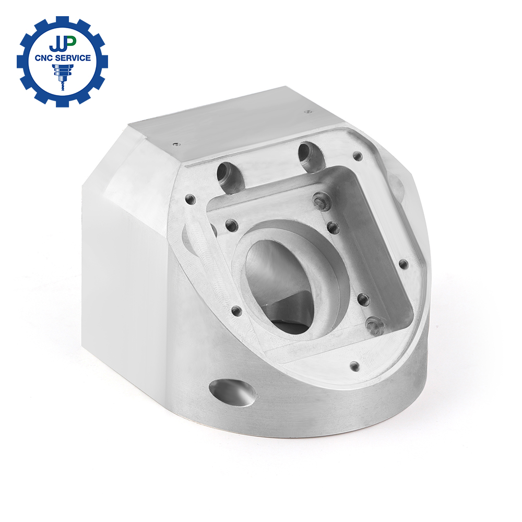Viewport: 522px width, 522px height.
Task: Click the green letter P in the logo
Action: click(x=70, y=42)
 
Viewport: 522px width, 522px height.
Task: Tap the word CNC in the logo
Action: click(x=44, y=58)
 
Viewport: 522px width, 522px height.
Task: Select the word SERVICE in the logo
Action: click(x=73, y=58)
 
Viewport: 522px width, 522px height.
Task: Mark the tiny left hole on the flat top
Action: click(x=176, y=145)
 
